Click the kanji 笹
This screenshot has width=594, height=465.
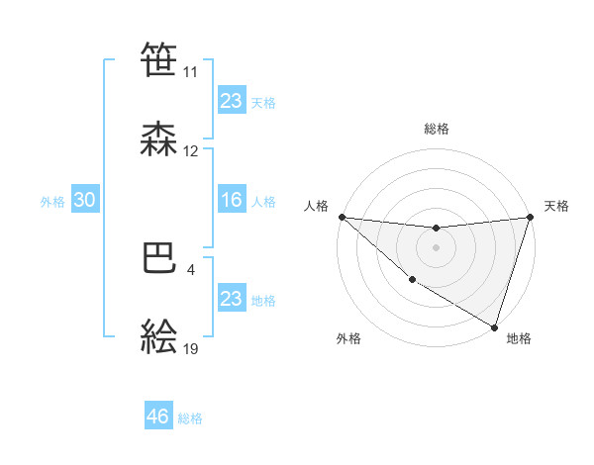[159, 59]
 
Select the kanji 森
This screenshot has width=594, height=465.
[159, 139]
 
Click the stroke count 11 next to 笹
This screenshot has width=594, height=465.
[190, 72]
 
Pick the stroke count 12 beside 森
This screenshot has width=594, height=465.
[191, 151]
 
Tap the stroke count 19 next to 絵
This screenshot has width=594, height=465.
[191, 349]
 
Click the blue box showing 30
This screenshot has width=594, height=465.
[84, 200]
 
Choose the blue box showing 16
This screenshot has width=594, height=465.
[232, 200]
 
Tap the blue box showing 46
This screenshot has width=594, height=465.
[158, 417]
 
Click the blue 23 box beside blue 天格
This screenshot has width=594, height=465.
[232, 101]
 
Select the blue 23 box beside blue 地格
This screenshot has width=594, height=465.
[232, 299]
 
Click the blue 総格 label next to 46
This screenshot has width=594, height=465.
[190, 418]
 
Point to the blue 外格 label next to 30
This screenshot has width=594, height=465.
[52, 201]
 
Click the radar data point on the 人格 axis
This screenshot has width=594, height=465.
[342, 217]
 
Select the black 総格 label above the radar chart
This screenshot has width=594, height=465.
[436, 129]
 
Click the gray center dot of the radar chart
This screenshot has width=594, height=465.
[436, 247]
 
